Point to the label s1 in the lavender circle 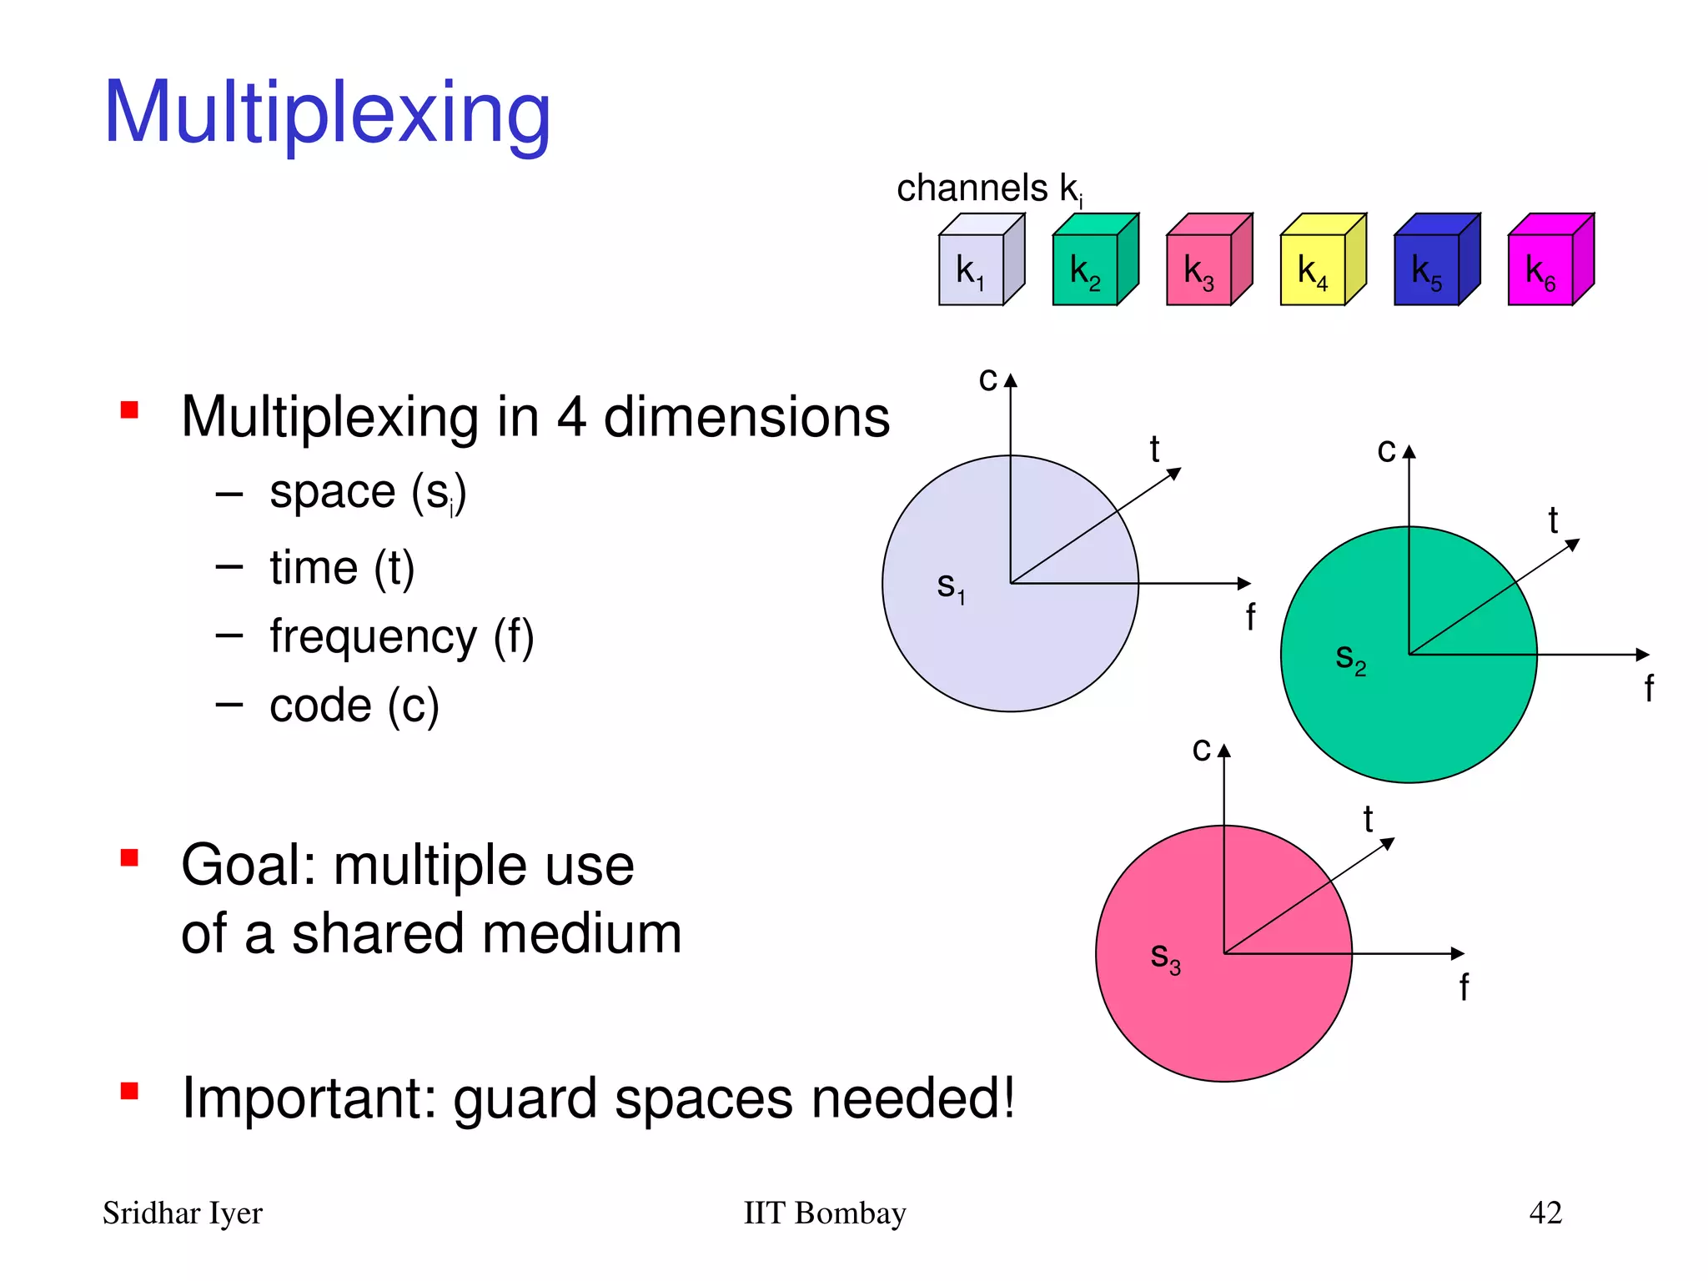(951, 586)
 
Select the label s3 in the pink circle (1165, 957)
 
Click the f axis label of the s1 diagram (1250, 617)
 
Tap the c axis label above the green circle (1386, 450)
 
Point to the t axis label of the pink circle (1368, 819)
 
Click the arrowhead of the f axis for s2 (1643, 655)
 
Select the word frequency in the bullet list (373, 638)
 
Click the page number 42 (1545, 1212)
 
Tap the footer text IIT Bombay (824, 1213)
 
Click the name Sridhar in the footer (151, 1213)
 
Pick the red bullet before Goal (129, 857)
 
